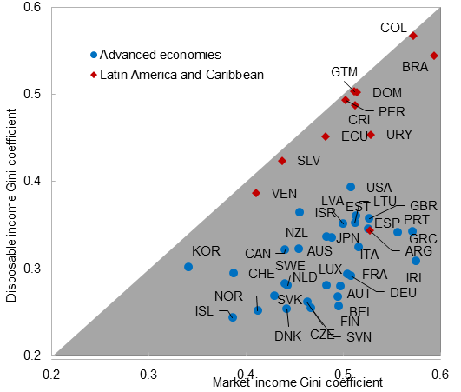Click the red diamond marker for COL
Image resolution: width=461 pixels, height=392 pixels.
pos(414,36)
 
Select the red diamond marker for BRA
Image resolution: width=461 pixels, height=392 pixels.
pos(434,56)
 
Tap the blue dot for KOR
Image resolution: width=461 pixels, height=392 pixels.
pos(188,267)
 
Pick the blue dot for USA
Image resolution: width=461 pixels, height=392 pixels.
pos(351,187)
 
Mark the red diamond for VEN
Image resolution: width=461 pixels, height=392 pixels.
pos(256,193)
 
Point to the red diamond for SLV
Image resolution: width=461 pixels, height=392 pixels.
pos(282,161)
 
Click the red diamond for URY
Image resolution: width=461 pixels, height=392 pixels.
pos(371,135)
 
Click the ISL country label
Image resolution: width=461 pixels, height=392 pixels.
pos(204,311)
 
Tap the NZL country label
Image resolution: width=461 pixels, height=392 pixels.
pos(297,233)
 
